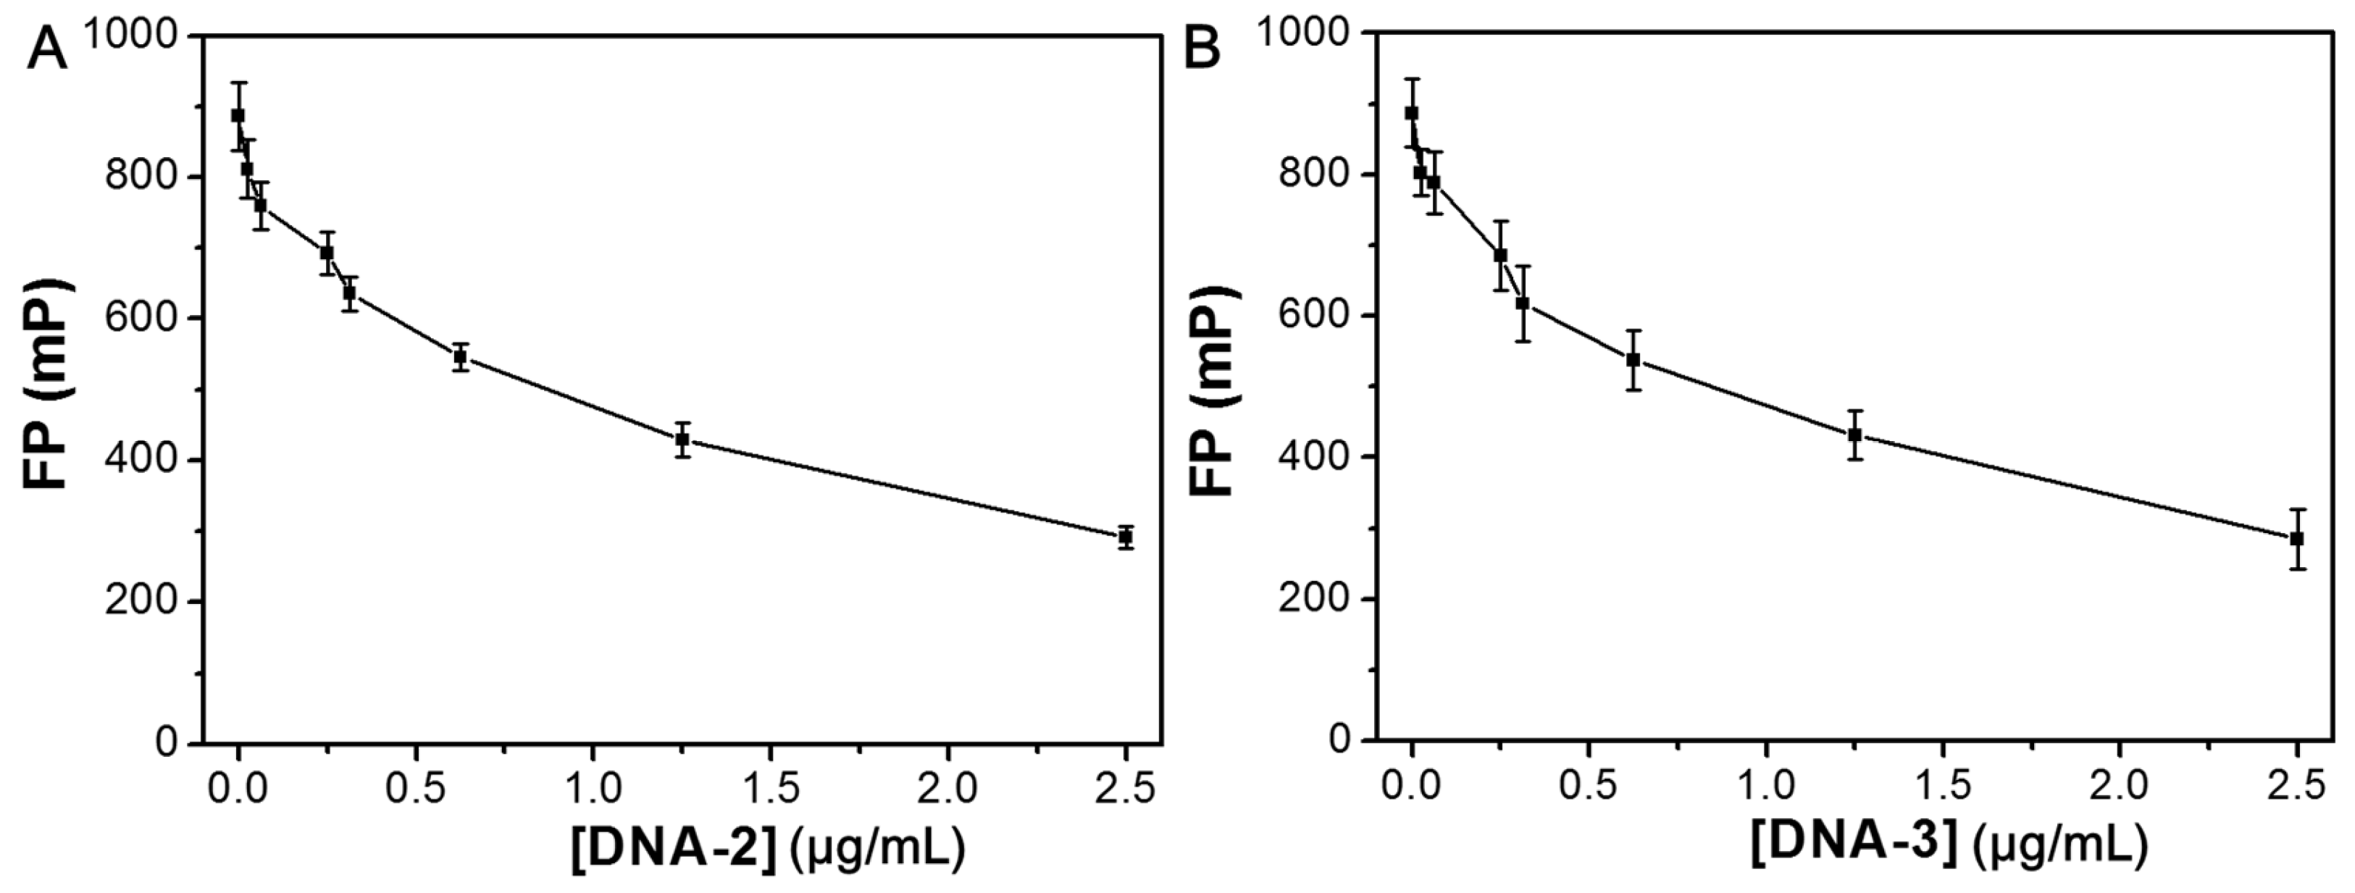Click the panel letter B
1202,48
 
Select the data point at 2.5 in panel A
1126,537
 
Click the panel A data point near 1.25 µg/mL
682,440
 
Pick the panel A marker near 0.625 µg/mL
461,356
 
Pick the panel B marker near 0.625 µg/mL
1633,359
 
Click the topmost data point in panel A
238,115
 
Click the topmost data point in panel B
1412,112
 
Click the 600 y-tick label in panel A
142,318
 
